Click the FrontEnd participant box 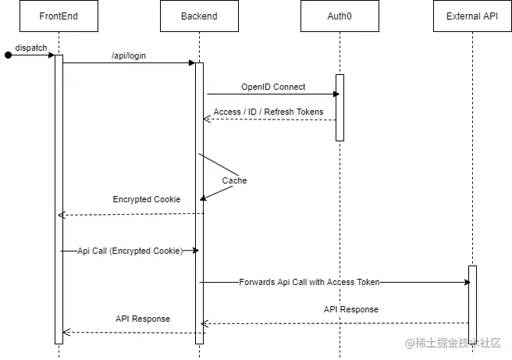click(x=59, y=16)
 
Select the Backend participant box click(x=199, y=16)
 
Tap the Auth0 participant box click(x=340, y=16)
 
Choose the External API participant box click(x=472, y=16)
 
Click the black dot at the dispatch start click(x=9, y=55)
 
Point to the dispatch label click(x=31, y=48)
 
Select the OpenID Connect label click(x=273, y=87)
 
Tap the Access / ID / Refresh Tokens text click(x=268, y=112)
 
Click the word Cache click(x=234, y=180)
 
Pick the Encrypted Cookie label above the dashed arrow click(x=147, y=199)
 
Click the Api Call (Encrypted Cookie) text click(x=130, y=251)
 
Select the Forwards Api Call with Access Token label click(x=309, y=282)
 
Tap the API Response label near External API click(x=351, y=309)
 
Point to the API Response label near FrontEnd click(x=143, y=319)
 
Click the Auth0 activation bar click(x=340, y=107)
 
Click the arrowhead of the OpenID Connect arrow click(x=336, y=94)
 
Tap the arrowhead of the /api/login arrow click(x=191, y=63)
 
